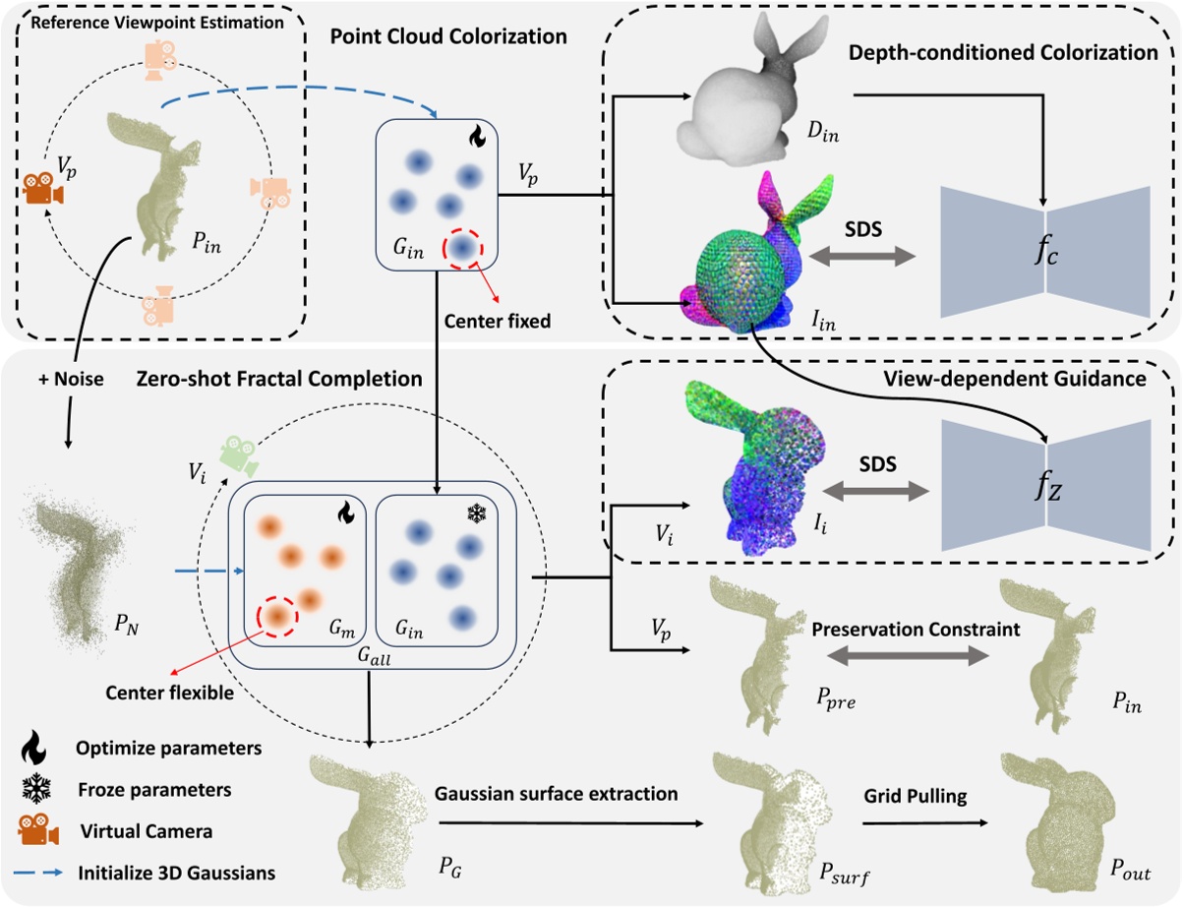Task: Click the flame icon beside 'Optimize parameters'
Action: tap(40, 748)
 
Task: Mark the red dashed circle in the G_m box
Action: tap(278, 619)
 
